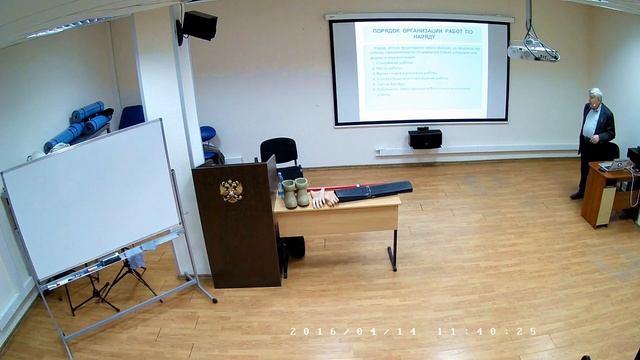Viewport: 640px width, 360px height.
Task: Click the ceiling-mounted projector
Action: pyautogui.click(x=532, y=50)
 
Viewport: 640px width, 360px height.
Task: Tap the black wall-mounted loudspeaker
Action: pyautogui.click(x=199, y=26)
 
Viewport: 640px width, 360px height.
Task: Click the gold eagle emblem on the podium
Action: pyautogui.click(x=231, y=190)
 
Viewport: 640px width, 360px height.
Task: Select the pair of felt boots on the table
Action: pyautogui.click(x=295, y=192)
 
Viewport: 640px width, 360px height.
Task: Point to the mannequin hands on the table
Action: pyautogui.click(x=324, y=200)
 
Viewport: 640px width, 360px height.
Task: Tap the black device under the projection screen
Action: pyautogui.click(x=425, y=138)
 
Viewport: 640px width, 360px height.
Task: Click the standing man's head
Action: pyautogui.click(x=595, y=97)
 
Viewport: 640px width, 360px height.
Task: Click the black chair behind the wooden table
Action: pyautogui.click(x=279, y=151)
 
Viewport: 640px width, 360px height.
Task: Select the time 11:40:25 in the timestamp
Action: pyautogui.click(x=487, y=331)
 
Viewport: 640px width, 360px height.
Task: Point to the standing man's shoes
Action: pyautogui.click(x=578, y=195)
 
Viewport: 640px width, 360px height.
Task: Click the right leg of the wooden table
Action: pyautogui.click(x=393, y=249)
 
